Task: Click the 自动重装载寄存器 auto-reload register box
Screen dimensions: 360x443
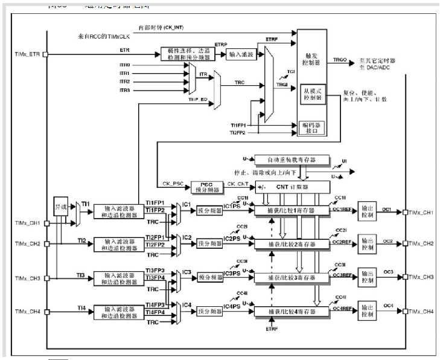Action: (x=292, y=160)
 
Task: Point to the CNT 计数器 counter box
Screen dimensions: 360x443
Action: (x=293, y=187)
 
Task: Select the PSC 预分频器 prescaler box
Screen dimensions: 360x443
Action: (x=206, y=187)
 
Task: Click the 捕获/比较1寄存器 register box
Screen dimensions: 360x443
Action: (x=292, y=210)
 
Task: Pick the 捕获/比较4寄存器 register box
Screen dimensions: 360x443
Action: (x=292, y=312)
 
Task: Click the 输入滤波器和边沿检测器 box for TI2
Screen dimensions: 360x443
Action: (x=119, y=243)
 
